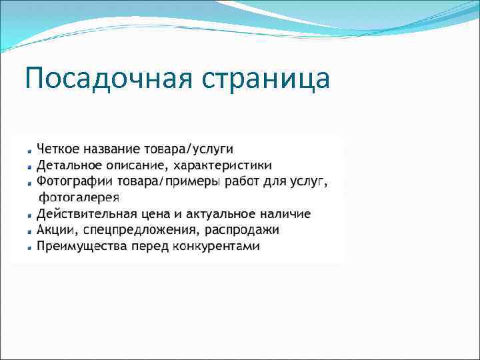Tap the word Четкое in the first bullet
[58, 148]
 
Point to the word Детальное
[69, 165]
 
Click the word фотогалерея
[79, 197]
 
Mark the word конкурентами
[217, 247]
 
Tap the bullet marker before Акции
[30, 231]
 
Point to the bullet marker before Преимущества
[30, 247]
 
